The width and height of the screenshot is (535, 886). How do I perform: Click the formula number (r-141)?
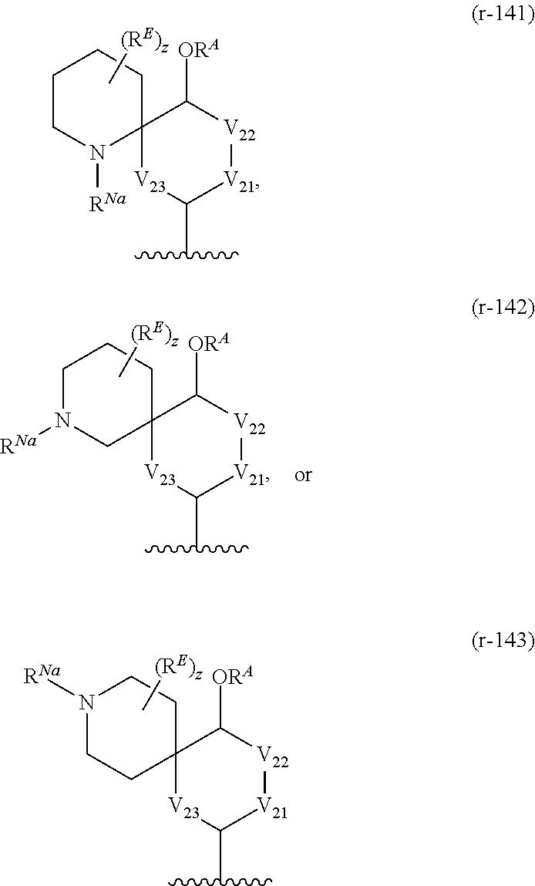(x=502, y=16)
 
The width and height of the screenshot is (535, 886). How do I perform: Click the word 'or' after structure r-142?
(x=303, y=475)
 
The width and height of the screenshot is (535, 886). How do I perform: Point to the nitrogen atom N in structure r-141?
(x=97, y=153)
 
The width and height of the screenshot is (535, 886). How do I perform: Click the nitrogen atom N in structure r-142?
(x=64, y=420)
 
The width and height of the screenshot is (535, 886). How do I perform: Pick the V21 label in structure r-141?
(x=240, y=181)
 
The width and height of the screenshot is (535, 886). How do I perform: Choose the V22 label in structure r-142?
(x=249, y=423)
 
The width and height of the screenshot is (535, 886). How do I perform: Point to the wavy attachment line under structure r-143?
(x=220, y=879)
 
